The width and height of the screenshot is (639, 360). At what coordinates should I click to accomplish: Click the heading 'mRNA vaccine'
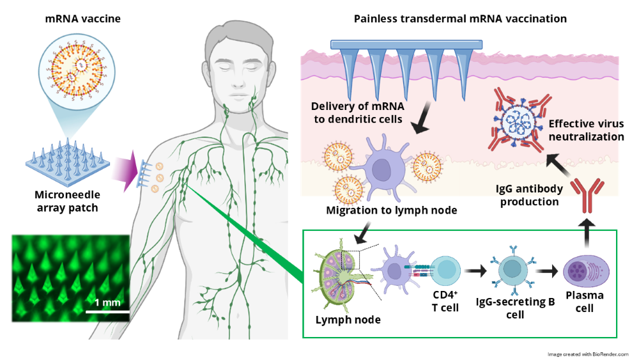[82, 19]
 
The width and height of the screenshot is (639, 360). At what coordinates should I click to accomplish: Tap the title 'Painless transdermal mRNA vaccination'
[460, 19]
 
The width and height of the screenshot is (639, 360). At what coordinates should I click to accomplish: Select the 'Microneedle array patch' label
[67, 201]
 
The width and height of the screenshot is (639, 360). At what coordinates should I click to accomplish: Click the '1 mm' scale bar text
[107, 302]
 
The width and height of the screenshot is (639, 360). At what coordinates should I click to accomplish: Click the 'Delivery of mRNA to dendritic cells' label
[357, 113]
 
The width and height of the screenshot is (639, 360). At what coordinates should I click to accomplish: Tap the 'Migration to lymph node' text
[391, 210]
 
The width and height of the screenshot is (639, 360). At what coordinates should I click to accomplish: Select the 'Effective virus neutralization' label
[586, 130]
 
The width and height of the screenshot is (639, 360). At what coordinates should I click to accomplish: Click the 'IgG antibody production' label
[529, 195]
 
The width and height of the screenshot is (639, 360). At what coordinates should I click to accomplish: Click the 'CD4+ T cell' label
[445, 301]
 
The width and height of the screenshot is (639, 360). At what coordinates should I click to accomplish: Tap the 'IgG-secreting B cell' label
[515, 308]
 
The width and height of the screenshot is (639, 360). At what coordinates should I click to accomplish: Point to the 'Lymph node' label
[348, 320]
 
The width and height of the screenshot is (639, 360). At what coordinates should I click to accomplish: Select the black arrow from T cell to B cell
[476, 270]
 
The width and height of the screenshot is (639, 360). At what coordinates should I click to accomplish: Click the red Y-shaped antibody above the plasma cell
[587, 196]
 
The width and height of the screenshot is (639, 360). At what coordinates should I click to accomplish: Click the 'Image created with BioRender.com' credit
[588, 354]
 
